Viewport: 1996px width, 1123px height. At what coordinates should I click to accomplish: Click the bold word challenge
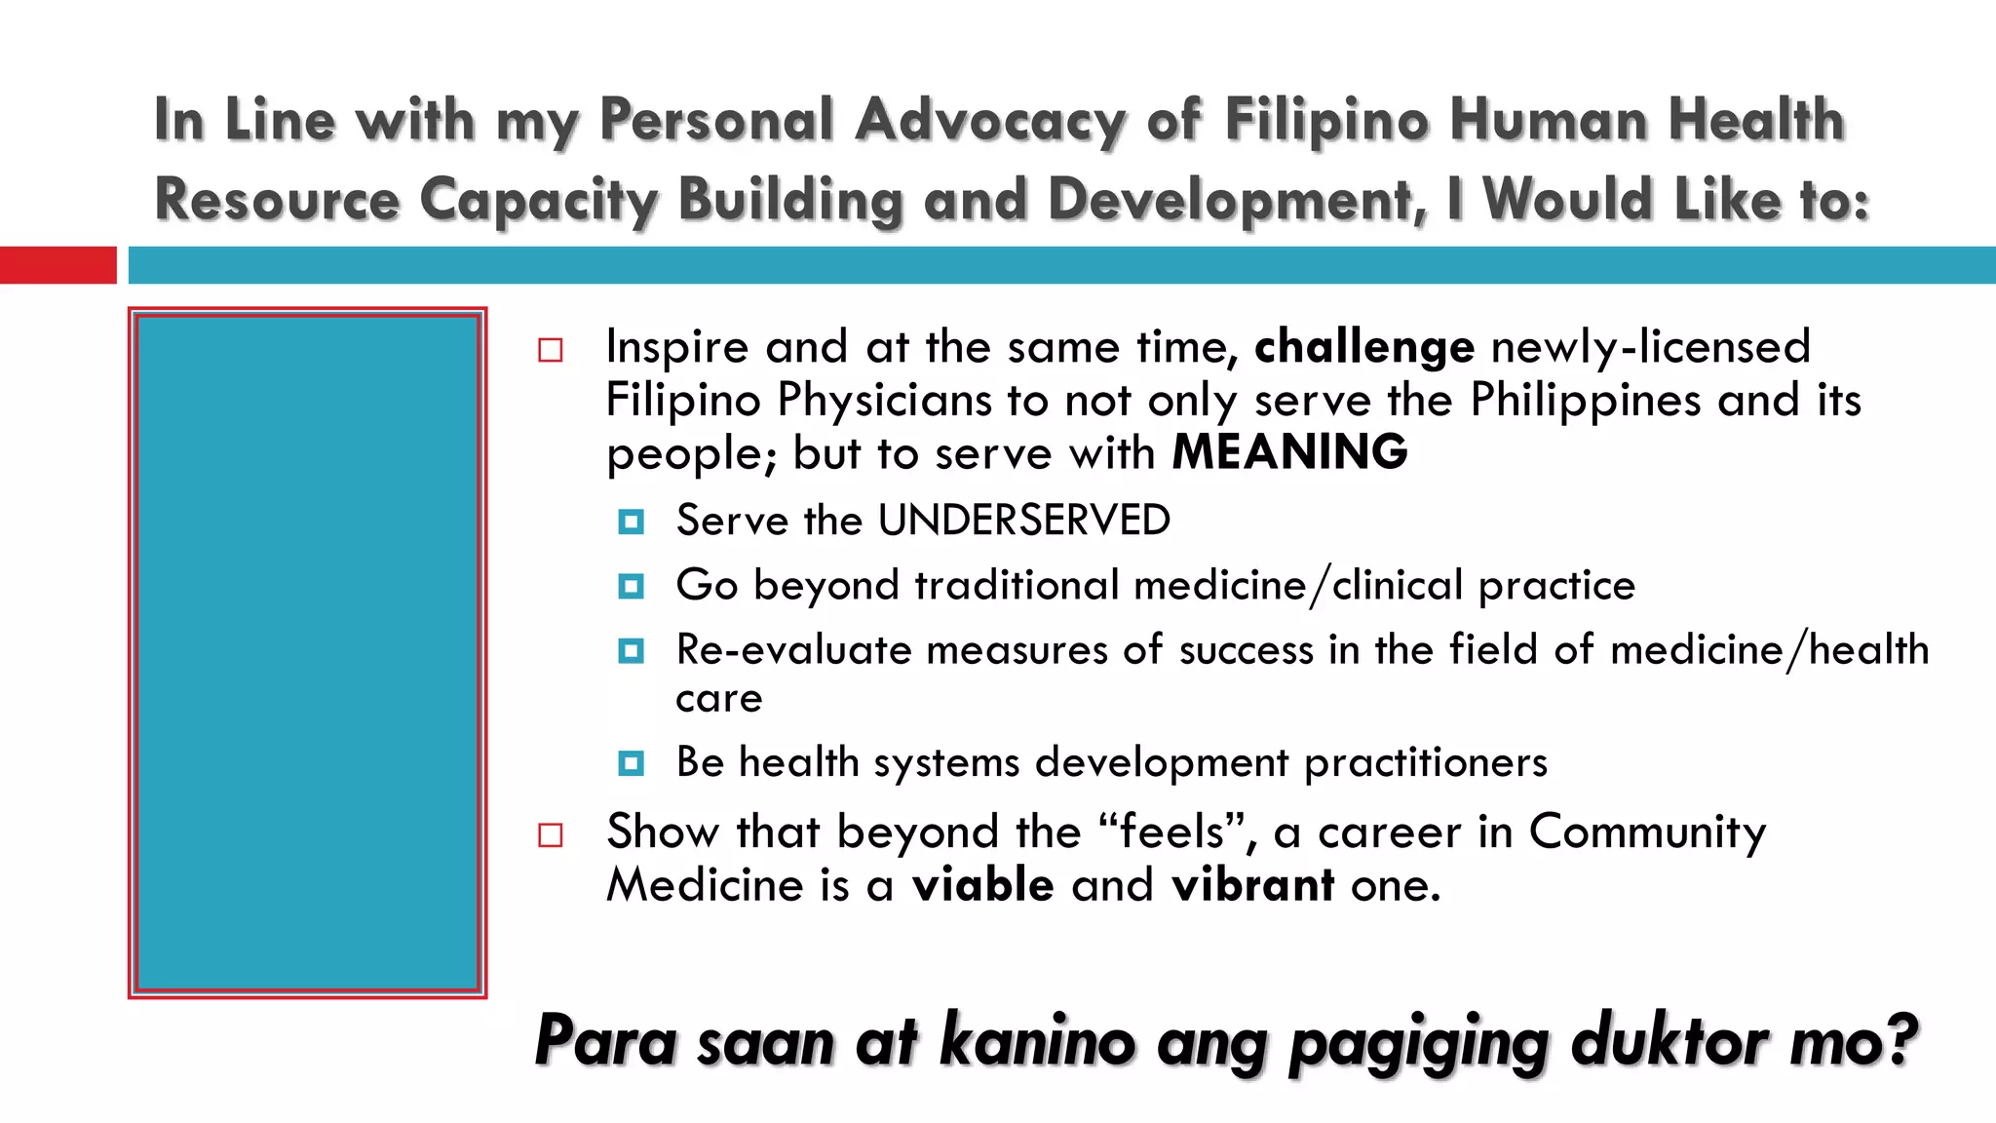[x=1363, y=348]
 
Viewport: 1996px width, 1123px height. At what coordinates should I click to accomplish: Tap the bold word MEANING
[x=1289, y=453]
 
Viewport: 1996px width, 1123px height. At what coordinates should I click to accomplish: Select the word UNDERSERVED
[x=1023, y=521]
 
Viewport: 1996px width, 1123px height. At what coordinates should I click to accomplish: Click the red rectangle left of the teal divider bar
[x=58, y=265]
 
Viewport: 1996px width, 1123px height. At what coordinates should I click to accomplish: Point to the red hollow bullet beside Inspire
[x=551, y=350]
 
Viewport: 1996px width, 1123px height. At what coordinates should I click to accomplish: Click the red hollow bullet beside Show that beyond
[x=551, y=835]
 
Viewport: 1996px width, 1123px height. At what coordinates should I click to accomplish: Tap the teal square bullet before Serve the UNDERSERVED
[x=632, y=523]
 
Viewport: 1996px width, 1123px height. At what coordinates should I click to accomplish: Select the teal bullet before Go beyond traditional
[x=632, y=587]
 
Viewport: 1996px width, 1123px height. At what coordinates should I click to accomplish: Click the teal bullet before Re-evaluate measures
[x=632, y=651]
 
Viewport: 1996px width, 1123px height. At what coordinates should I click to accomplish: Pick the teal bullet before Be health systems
[x=632, y=763]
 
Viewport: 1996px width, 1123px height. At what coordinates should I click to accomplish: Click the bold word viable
[x=982, y=886]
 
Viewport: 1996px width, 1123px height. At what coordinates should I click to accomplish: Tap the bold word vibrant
[x=1252, y=886]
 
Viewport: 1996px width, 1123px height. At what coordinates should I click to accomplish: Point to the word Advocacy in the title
[x=989, y=121]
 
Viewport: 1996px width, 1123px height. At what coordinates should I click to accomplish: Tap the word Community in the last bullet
[x=1646, y=833]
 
